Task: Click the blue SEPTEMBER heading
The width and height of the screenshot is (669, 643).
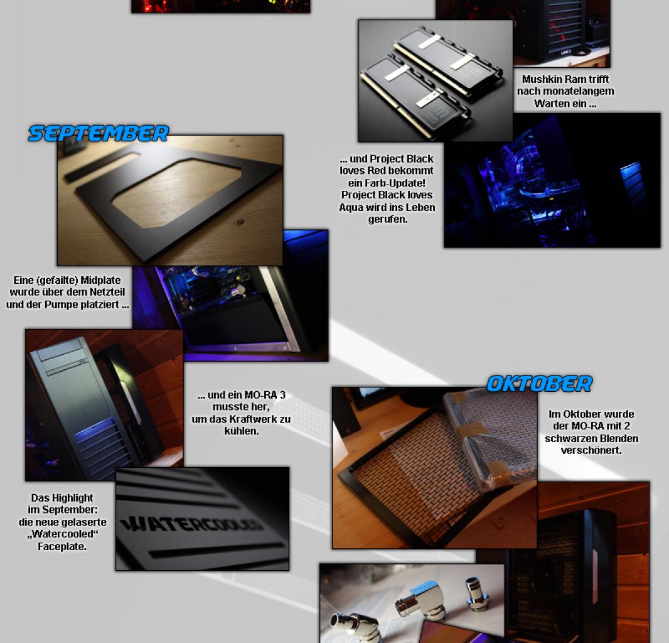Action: [99, 133]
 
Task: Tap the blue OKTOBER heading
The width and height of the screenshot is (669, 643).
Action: [540, 384]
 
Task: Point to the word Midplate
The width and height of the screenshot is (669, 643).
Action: [100, 280]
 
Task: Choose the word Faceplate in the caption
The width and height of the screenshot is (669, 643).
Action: [62, 546]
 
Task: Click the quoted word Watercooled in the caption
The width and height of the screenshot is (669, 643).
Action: [62, 534]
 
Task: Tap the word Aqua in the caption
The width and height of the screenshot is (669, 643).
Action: [350, 207]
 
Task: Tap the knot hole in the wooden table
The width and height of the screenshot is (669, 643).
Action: [240, 222]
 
